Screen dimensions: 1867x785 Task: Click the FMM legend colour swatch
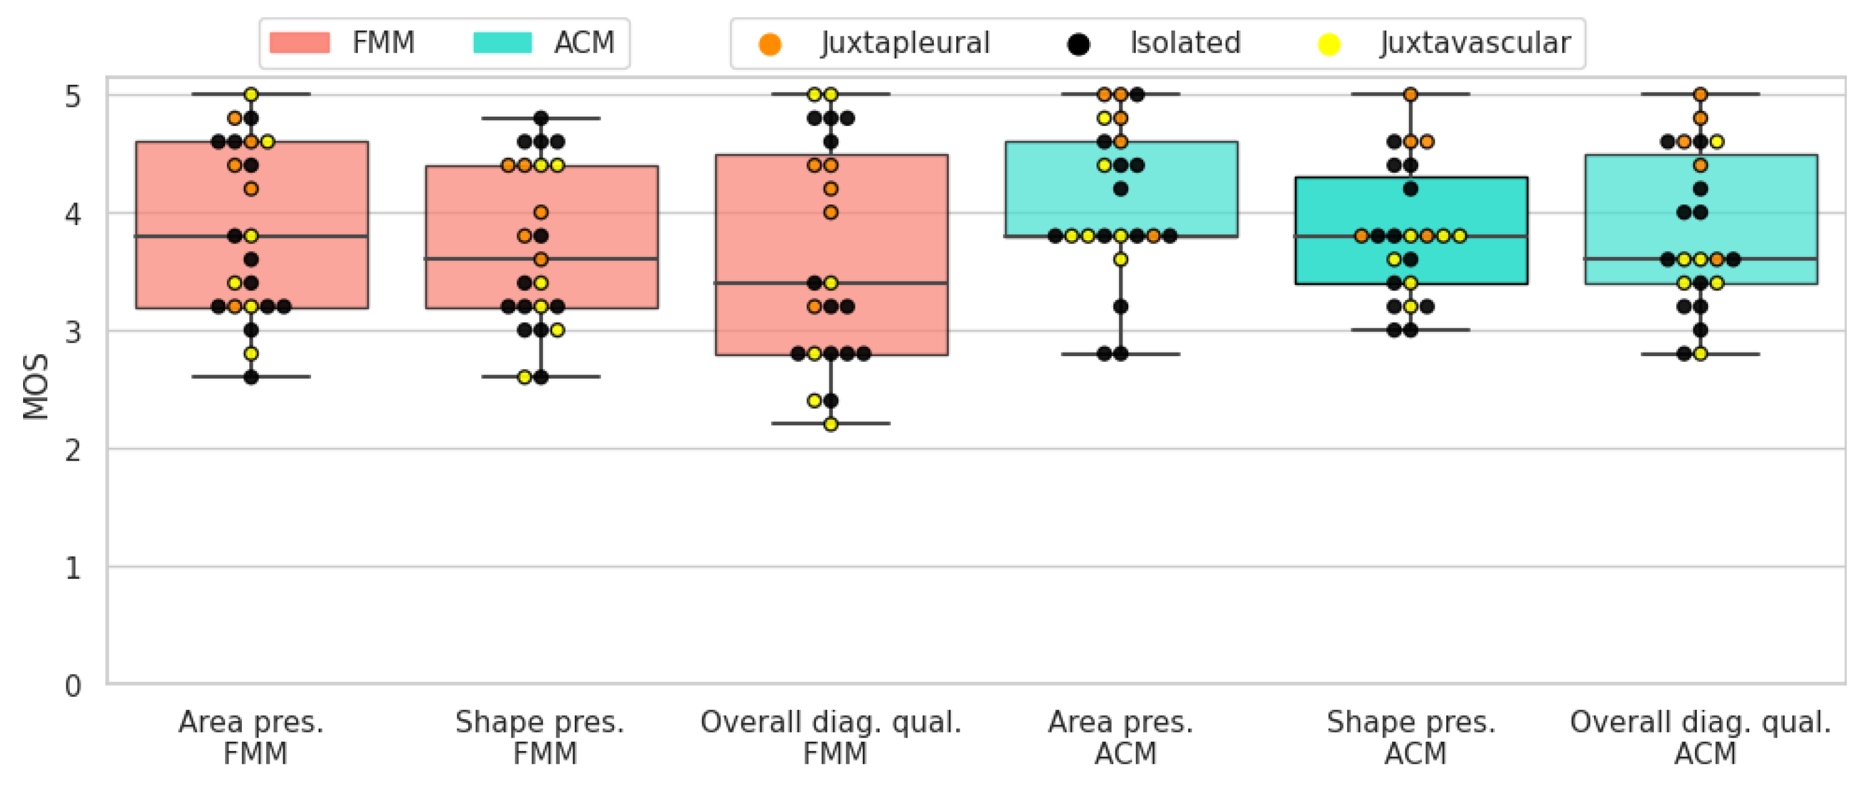pos(300,43)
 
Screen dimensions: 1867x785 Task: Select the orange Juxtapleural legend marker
pos(770,44)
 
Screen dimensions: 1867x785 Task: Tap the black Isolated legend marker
pos(1079,44)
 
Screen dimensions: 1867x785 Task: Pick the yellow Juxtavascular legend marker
pos(1329,44)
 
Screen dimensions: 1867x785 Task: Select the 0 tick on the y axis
pos(73,686)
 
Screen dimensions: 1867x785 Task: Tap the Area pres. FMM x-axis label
pos(252,737)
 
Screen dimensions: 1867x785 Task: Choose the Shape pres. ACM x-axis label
pos(1411,737)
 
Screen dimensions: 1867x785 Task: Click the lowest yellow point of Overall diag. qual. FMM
pos(830,424)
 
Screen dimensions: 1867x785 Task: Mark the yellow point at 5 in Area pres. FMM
pos(252,94)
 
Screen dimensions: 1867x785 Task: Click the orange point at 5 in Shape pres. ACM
pos(1410,94)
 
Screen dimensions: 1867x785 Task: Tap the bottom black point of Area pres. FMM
pos(252,377)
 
